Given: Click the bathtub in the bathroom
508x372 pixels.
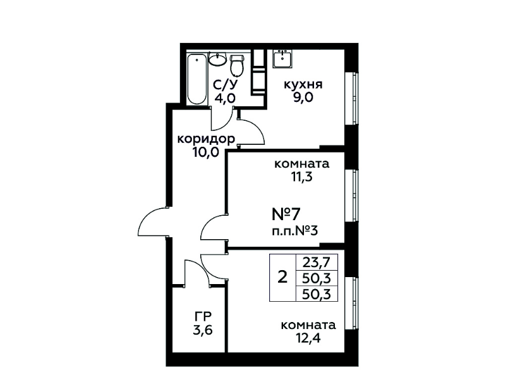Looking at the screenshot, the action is click(x=197, y=79).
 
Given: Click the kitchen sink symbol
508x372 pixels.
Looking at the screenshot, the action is click(x=282, y=59).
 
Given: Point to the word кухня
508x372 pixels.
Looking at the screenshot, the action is click(x=303, y=85).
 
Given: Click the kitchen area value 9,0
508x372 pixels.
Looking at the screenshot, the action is click(x=303, y=97).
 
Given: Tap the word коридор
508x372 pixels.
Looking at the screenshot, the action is click(x=206, y=139).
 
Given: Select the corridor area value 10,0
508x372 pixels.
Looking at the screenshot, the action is click(x=206, y=152).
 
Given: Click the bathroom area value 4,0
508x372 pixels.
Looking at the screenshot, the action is click(x=225, y=97).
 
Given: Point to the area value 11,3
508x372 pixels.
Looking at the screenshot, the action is click(x=301, y=177).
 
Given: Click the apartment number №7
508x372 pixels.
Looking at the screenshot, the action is click(x=286, y=214).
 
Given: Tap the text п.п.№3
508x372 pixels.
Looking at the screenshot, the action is click(x=295, y=232).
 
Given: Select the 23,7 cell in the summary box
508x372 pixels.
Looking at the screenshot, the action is click(x=317, y=262).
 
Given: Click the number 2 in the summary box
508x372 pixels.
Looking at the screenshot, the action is click(x=282, y=278).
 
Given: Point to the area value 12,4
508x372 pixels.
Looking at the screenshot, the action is click(x=308, y=338).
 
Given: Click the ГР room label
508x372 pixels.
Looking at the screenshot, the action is click(x=203, y=316).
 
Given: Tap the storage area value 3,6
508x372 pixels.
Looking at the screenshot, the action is click(x=202, y=330).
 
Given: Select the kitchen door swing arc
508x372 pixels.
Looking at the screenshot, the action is click(x=258, y=127).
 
